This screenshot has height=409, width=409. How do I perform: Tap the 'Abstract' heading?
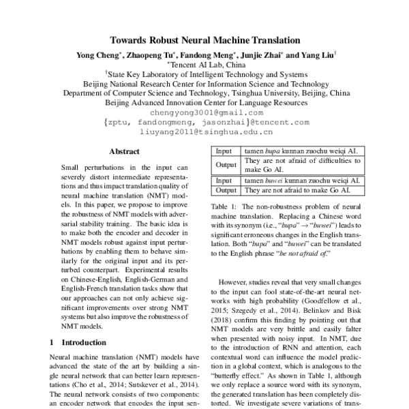coord(124,151)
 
